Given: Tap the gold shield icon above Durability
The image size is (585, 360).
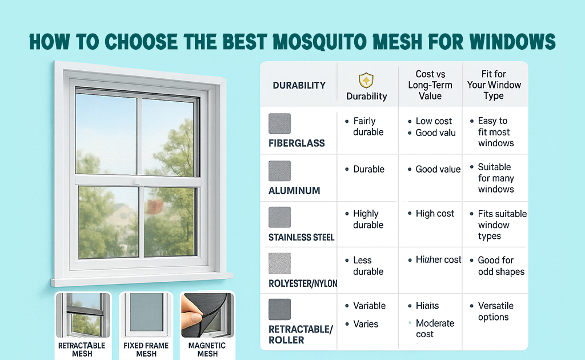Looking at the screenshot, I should point(366,80).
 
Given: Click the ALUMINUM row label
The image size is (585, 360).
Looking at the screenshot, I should point(295,191).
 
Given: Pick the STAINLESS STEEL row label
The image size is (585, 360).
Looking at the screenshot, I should point(302,237).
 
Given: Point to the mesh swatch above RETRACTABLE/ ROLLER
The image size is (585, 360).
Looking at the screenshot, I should point(279,309).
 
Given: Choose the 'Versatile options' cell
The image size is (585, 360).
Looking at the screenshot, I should point(495,311).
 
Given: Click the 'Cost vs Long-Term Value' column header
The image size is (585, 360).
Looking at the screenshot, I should point(430,85).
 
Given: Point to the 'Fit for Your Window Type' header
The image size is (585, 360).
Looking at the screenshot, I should point(494,85).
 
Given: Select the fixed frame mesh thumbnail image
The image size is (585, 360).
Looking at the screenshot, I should point(146,315).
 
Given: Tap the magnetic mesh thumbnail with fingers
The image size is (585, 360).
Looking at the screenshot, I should point(207,315).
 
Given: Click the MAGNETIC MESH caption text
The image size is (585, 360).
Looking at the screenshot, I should point(207,350).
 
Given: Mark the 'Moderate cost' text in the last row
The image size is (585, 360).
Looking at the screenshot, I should point(434,329).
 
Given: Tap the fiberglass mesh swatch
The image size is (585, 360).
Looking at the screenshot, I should point(279,123).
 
